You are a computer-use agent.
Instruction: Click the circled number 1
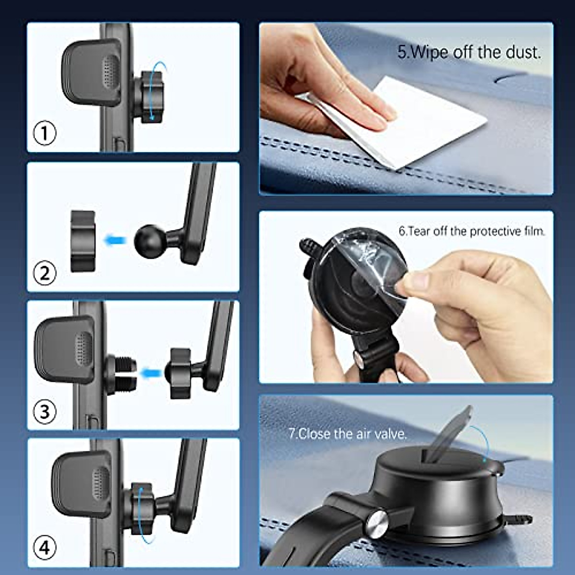[45, 133]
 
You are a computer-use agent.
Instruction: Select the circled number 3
[45, 411]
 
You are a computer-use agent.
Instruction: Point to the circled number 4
[45, 547]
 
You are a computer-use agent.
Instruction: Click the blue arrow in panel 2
[115, 240]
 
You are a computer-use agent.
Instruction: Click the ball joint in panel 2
[149, 240]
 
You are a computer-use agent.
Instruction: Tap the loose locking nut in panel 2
[82, 241]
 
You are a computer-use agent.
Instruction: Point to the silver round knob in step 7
[377, 524]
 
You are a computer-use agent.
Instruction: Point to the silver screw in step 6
[358, 358]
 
